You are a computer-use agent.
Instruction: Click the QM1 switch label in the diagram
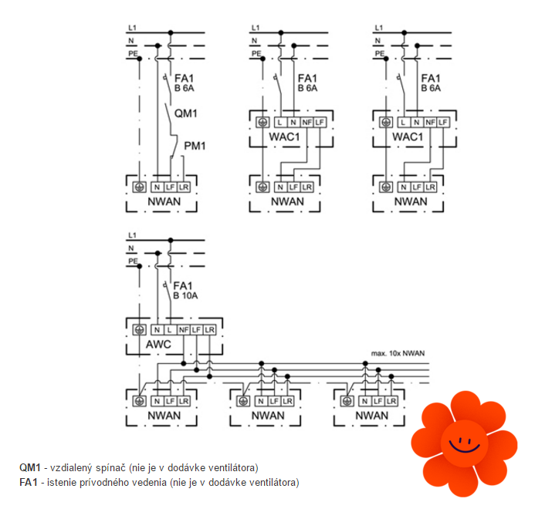point(186,113)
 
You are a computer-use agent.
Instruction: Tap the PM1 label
point(196,145)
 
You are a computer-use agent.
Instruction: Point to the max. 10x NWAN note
point(398,354)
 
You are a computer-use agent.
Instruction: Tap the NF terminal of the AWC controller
point(183,330)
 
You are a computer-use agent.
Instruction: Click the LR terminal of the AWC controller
point(208,330)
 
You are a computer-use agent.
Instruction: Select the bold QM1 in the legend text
point(29,467)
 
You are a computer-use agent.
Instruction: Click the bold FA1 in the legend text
point(29,483)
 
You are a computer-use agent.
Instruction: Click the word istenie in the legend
point(63,483)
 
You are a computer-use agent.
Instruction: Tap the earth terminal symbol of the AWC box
point(140,330)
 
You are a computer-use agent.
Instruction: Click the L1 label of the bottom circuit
point(132,234)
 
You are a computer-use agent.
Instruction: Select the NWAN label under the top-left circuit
point(163,202)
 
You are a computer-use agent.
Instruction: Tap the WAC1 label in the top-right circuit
point(408,136)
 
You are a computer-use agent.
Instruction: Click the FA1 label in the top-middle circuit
point(306,79)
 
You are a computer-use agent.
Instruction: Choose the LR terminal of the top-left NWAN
point(184,187)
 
